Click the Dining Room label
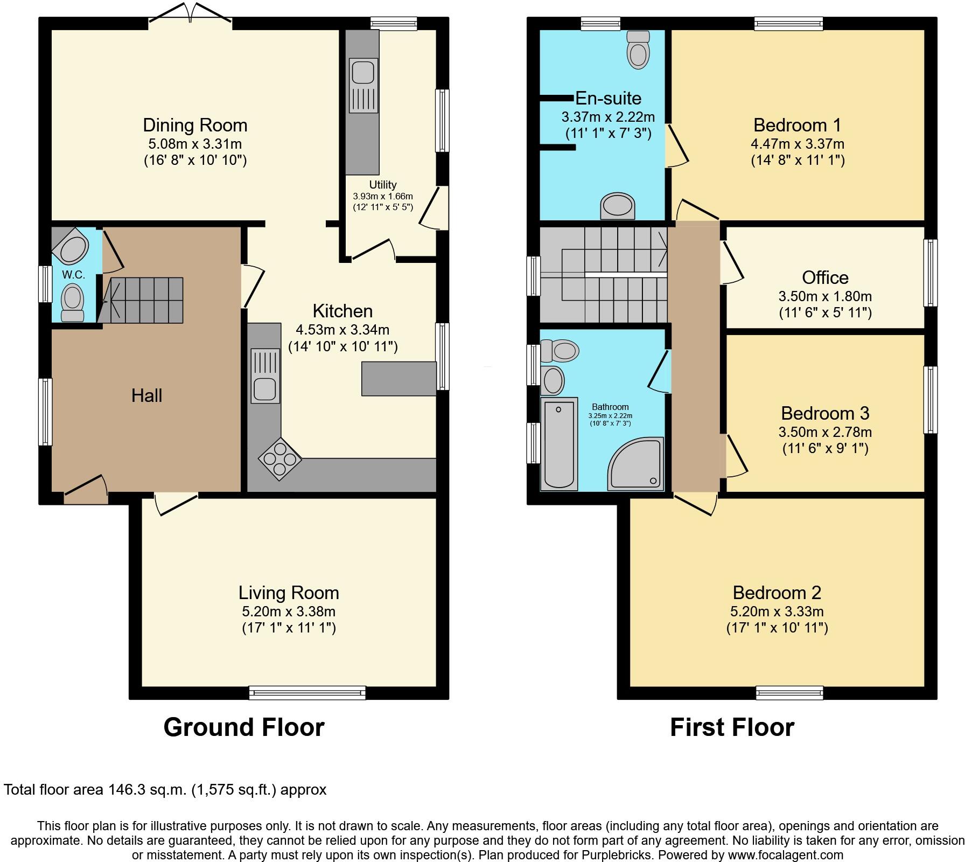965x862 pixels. click(x=195, y=125)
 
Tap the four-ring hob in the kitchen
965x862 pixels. click(x=279, y=458)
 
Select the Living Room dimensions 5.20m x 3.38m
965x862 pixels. click(x=289, y=611)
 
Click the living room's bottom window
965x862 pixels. click(x=307, y=693)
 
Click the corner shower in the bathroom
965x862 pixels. click(x=638, y=466)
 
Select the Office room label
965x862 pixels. click(x=825, y=277)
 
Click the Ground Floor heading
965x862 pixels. click(x=243, y=727)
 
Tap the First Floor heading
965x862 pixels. click(x=732, y=727)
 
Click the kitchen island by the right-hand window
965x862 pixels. click(x=398, y=379)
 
